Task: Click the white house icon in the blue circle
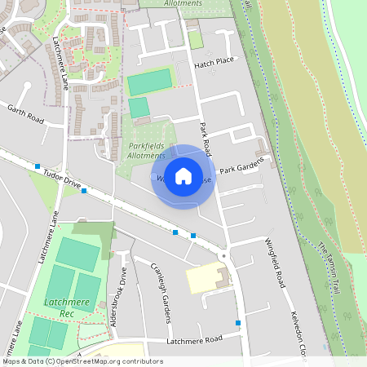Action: coord(183,176)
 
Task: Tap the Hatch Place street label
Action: coord(214,62)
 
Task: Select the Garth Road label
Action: coord(25,113)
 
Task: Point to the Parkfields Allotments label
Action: coord(148,150)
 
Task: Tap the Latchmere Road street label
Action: coord(194,340)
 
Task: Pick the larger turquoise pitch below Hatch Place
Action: coord(149,82)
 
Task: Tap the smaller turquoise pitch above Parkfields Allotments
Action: coord(139,108)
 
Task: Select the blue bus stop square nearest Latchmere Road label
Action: coord(238,323)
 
